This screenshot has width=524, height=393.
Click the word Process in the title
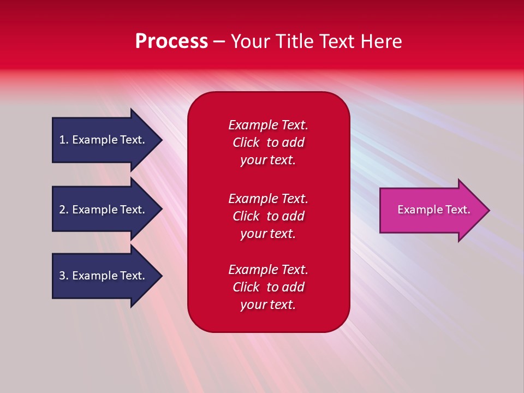click(171, 41)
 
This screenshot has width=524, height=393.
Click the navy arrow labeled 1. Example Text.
click(107, 140)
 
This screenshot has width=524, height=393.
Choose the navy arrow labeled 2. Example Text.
click(107, 209)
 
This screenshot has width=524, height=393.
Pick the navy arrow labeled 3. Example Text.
click(107, 276)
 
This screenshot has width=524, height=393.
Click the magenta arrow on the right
click(434, 210)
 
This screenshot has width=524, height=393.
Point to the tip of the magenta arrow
click(490, 210)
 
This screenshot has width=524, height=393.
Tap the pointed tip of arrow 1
click(162, 140)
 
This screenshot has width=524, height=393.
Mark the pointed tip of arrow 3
click(162, 276)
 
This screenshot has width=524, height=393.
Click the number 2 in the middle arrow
click(63, 210)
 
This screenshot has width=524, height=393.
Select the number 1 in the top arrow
click(63, 140)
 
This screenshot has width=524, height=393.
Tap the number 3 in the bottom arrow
click(63, 276)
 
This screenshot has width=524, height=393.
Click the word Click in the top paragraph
click(246, 142)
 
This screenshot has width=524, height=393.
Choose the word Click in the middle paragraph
click(246, 216)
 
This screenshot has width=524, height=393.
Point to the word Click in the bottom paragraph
click(246, 287)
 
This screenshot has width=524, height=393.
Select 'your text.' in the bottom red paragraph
click(268, 305)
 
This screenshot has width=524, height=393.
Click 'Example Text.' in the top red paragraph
click(269, 125)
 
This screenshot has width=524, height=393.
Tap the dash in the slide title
click(219, 42)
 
